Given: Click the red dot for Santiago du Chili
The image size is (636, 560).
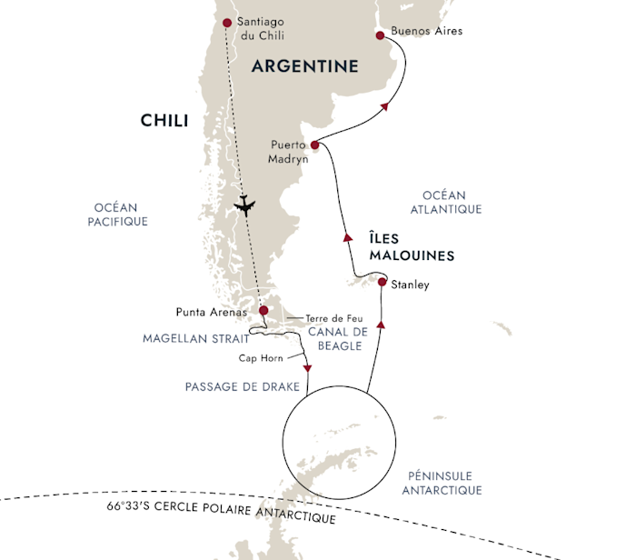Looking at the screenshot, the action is pyautogui.click(x=227, y=23).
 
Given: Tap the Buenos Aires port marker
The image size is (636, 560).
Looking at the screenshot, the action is pyautogui.click(x=380, y=35).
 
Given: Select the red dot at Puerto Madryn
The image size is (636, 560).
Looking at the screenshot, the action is pyautogui.click(x=314, y=145).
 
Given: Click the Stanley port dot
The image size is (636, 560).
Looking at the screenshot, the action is pyautogui.click(x=383, y=282).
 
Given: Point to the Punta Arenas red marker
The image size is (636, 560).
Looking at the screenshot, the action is pyautogui.click(x=263, y=310).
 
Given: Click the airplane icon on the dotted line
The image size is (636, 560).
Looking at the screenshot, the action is pyautogui.click(x=244, y=205).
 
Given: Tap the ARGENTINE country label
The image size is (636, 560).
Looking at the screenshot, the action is pyautogui.click(x=305, y=66).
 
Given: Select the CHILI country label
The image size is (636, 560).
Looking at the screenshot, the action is pyautogui.click(x=164, y=121).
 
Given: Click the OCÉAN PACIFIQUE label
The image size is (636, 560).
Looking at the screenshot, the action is pyautogui.click(x=117, y=215).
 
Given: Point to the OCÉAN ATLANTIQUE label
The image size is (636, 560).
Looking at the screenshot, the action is pyautogui.click(x=446, y=202).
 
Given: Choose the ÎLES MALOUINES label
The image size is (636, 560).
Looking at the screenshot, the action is pyautogui.click(x=412, y=246).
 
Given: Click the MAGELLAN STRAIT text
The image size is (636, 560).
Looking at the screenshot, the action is pyautogui.click(x=196, y=338).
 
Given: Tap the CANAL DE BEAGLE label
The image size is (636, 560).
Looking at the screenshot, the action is pyautogui.click(x=338, y=339).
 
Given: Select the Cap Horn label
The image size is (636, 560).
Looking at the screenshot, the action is pyautogui.click(x=261, y=358).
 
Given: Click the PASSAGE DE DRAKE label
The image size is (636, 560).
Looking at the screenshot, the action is pyautogui.click(x=243, y=386).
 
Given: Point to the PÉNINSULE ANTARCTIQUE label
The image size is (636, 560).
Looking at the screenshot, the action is pyautogui.click(x=442, y=483).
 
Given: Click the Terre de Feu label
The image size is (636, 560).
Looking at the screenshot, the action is pyautogui.click(x=334, y=318).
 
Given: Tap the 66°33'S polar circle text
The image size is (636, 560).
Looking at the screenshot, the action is pyautogui.click(x=221, y=512).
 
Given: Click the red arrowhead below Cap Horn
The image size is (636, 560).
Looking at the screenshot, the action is pyautogui.click(x=307, y=368).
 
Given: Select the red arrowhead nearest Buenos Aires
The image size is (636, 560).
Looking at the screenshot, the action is pyautogui.click(x=385, y=106).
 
